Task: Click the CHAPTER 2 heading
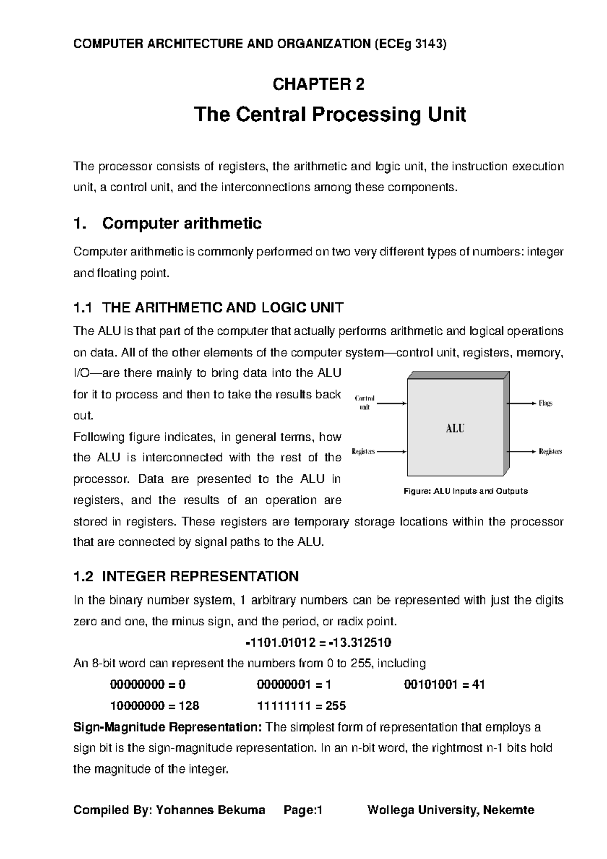[318, 84]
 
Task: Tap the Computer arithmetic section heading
[182, 223]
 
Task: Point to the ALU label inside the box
[455, 428]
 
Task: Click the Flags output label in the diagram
[545, 403]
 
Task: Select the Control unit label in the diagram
[364, 403]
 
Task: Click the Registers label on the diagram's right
[550, 451]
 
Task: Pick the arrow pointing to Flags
[521, 403]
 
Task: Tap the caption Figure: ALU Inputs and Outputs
[465, 491]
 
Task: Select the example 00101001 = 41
[444, 684]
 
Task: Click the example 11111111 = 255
[301, 706]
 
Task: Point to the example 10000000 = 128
[155, 706]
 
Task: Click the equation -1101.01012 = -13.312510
[318, 642]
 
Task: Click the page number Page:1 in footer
[303, 810]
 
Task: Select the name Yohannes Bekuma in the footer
[210, 810]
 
